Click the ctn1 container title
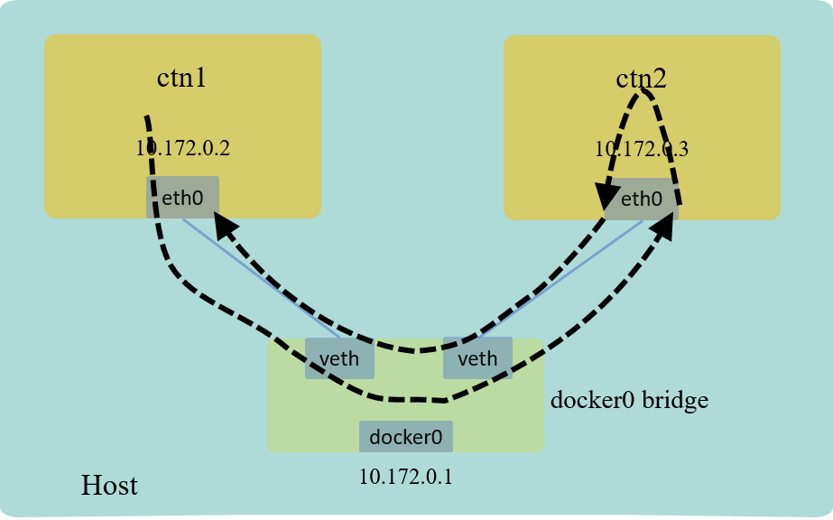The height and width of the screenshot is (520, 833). coord(182,78)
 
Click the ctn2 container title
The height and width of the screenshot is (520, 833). coord(641,79)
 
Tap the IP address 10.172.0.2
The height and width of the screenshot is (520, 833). coord(183,148)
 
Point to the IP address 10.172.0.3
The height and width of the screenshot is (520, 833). coord(641,149)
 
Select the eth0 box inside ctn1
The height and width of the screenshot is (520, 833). coord(182,197)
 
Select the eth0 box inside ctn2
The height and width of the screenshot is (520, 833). coord(641,199)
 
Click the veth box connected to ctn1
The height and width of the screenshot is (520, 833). coord(339,358)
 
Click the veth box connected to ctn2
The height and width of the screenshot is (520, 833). coord(477,358)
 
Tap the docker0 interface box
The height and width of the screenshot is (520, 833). coord(406,437)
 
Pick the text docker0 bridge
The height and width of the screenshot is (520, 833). coord(629,399)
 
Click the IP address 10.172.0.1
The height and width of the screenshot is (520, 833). coord(406,475)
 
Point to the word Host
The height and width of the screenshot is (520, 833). coord(109,485)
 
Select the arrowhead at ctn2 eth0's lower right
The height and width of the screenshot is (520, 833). coord(664,224)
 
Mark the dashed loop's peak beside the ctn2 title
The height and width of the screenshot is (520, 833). coord(644,92)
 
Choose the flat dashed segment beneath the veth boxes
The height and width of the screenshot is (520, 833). coord(415,399)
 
